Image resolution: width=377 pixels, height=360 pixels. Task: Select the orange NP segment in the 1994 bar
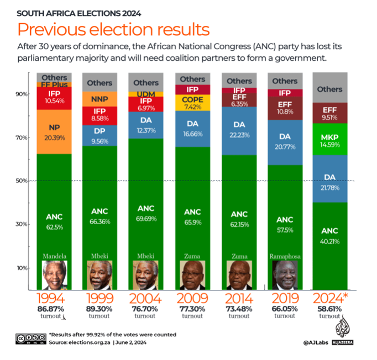54,131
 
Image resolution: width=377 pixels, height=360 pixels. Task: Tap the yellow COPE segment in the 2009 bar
192,103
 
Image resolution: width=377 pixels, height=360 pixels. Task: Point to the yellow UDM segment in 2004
146,94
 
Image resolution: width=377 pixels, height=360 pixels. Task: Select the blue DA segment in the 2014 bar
239,129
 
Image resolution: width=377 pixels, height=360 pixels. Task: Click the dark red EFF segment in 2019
284,108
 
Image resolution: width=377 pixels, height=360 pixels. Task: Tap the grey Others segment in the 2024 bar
330,88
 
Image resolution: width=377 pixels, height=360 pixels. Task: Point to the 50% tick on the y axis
23,181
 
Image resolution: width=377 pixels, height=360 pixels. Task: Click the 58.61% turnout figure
330,311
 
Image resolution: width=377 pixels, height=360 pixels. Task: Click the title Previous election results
113,29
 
